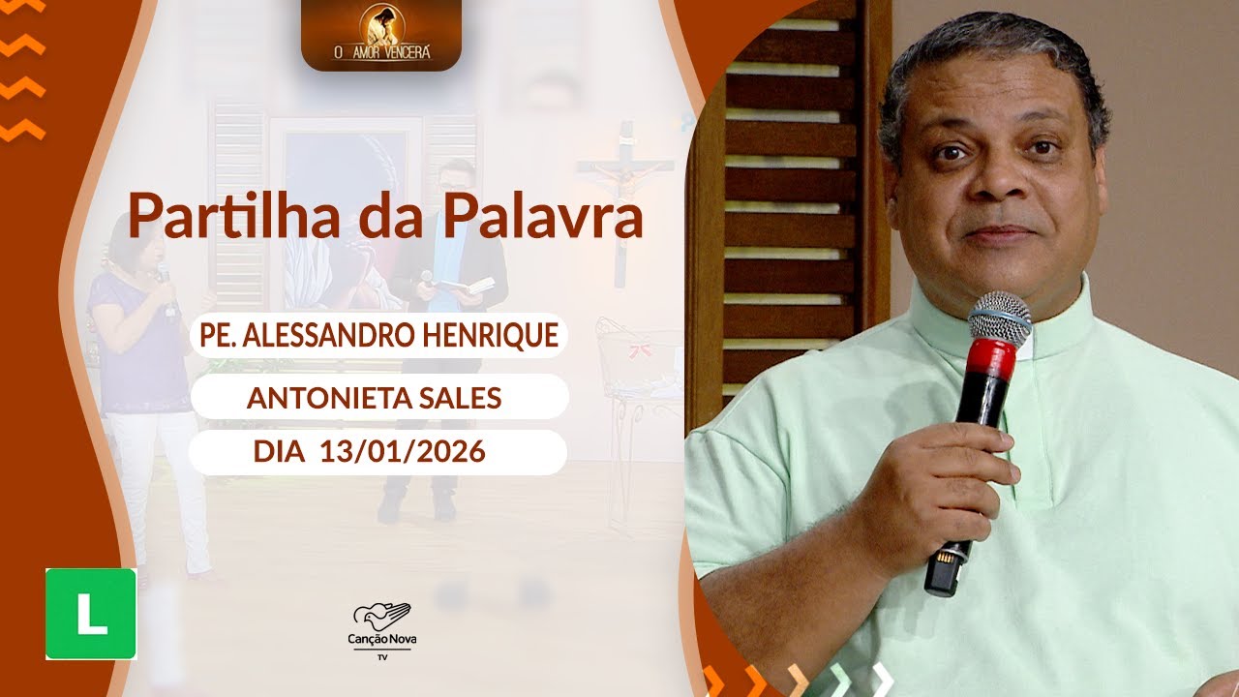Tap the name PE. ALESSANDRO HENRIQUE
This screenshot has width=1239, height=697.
[x=378, y=335]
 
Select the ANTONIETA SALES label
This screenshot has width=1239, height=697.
[x=374, y=396]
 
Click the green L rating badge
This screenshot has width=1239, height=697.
[x=91, y=614]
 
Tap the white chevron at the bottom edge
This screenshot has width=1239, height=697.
[x=880, y=680]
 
